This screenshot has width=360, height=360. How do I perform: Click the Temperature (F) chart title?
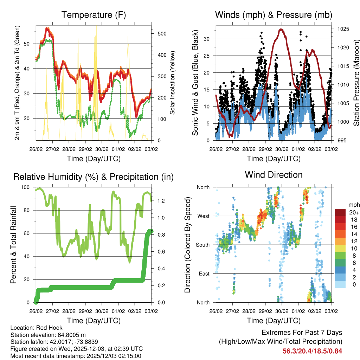click(93, 15)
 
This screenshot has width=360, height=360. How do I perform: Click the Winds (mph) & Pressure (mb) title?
click(274, 15)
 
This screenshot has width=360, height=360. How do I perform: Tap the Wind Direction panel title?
click(274, 175)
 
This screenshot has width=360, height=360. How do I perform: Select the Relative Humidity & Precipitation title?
click(93, 177)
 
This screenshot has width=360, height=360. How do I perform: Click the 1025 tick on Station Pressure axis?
click(342, 29)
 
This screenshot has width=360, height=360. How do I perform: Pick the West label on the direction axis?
click(203, 216)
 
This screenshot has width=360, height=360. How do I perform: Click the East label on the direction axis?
click(204, 274)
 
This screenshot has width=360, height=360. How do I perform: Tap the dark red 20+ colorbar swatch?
click(340, 212)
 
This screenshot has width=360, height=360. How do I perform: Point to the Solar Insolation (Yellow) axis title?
click(172, 83)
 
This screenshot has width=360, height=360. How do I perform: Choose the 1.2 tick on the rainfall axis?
click(162, 201)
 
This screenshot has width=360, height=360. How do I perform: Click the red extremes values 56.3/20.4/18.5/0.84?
click(312, 351)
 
